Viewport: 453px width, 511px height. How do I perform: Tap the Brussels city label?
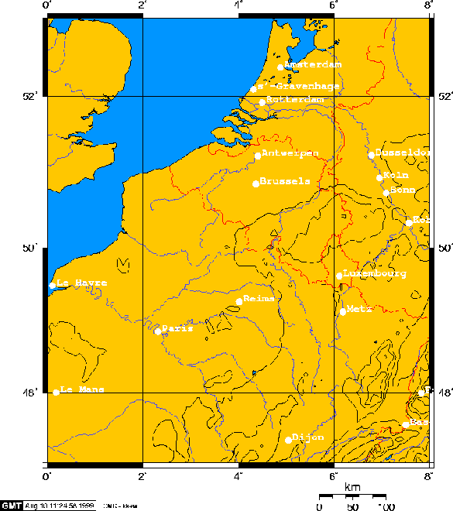285,182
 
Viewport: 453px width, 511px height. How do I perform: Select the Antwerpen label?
288,153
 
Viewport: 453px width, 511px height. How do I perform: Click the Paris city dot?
157,331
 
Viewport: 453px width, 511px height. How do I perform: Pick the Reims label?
260,299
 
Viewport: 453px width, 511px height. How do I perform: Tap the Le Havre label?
81,285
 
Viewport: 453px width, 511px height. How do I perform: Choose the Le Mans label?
82,390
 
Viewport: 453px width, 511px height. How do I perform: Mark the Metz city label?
359,308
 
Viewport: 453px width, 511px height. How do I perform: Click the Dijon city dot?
287,440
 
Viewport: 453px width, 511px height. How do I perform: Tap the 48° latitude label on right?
443,393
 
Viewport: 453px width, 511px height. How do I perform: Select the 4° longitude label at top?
238,6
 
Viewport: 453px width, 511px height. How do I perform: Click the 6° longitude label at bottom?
333,474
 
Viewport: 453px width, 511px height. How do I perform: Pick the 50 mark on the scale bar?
352,506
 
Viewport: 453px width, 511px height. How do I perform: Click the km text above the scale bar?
352,487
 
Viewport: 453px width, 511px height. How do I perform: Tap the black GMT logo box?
12,505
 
